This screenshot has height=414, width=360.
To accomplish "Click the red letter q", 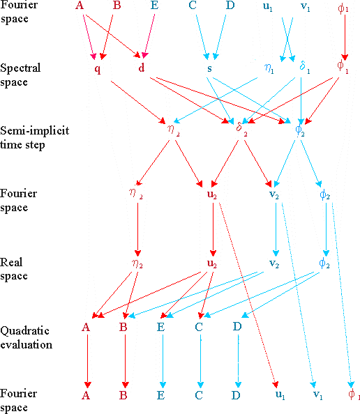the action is tap(98, 70).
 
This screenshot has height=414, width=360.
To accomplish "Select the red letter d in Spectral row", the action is tap(142, 68).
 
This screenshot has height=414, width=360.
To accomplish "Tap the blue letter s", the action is tap(209, 68).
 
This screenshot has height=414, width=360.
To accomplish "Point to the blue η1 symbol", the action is tap(269, 68).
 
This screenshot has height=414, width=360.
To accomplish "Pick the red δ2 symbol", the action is tap(241, 128).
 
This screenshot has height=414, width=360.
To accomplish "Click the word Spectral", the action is tap(20, 68).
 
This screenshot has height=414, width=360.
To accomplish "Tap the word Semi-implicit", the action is tap(35, 130).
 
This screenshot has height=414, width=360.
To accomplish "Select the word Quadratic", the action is tap(25, 331).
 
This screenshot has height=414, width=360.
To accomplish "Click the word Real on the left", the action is tap(11, 262).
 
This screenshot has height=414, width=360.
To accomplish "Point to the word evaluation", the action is tap(27, 345).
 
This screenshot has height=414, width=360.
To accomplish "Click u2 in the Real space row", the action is tap(212, 263).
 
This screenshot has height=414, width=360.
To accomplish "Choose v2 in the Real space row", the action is tap(274, 263).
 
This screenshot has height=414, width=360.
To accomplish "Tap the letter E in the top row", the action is tap(155, 5).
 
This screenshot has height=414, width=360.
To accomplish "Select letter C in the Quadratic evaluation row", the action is tap(199, 327).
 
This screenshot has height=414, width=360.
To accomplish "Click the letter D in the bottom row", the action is tap(236, 395).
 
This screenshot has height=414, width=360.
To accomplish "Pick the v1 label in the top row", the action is tap(306, 6).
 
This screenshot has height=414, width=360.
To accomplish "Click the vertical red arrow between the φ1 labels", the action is tap(345, 38).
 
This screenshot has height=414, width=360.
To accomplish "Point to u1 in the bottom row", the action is tap(280, 395).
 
